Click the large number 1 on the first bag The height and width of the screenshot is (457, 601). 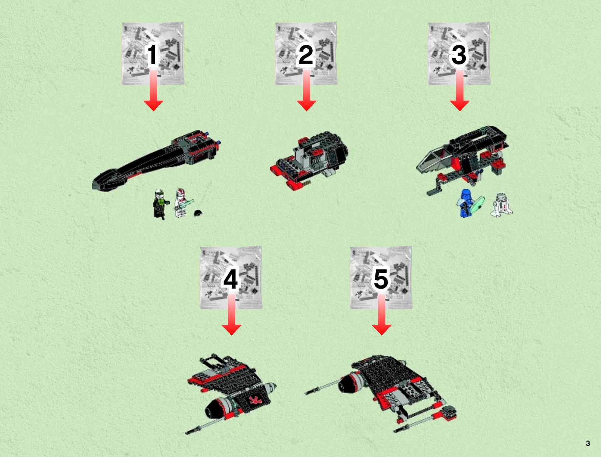pyautogui.click(x=152, y=55)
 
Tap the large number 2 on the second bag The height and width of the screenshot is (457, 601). pyautogui.click(x=306, y=55)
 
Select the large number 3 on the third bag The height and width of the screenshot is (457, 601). pyautogui.click(x=459, y=55)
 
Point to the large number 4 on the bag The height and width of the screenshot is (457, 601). pyautogui.click(x=230, y=279)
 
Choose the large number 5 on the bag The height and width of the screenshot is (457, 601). pyautogui.click(x=381, y=279)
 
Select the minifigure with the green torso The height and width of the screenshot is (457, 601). pyautogui.click(x=160, y=204)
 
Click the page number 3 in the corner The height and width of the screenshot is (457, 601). pyautogui.click(x=588, y=443)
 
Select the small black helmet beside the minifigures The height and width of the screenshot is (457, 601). pyautogui.click(x=198, y=213)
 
